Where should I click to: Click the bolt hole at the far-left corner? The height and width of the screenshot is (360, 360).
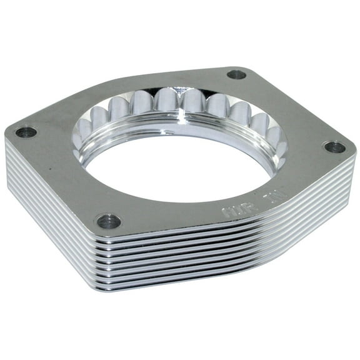[26, 132]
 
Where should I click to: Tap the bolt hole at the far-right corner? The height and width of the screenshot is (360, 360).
[334, 147]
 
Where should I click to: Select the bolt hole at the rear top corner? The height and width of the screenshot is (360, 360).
[236, 74]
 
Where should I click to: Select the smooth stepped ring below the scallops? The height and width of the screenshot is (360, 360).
[187, 128]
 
